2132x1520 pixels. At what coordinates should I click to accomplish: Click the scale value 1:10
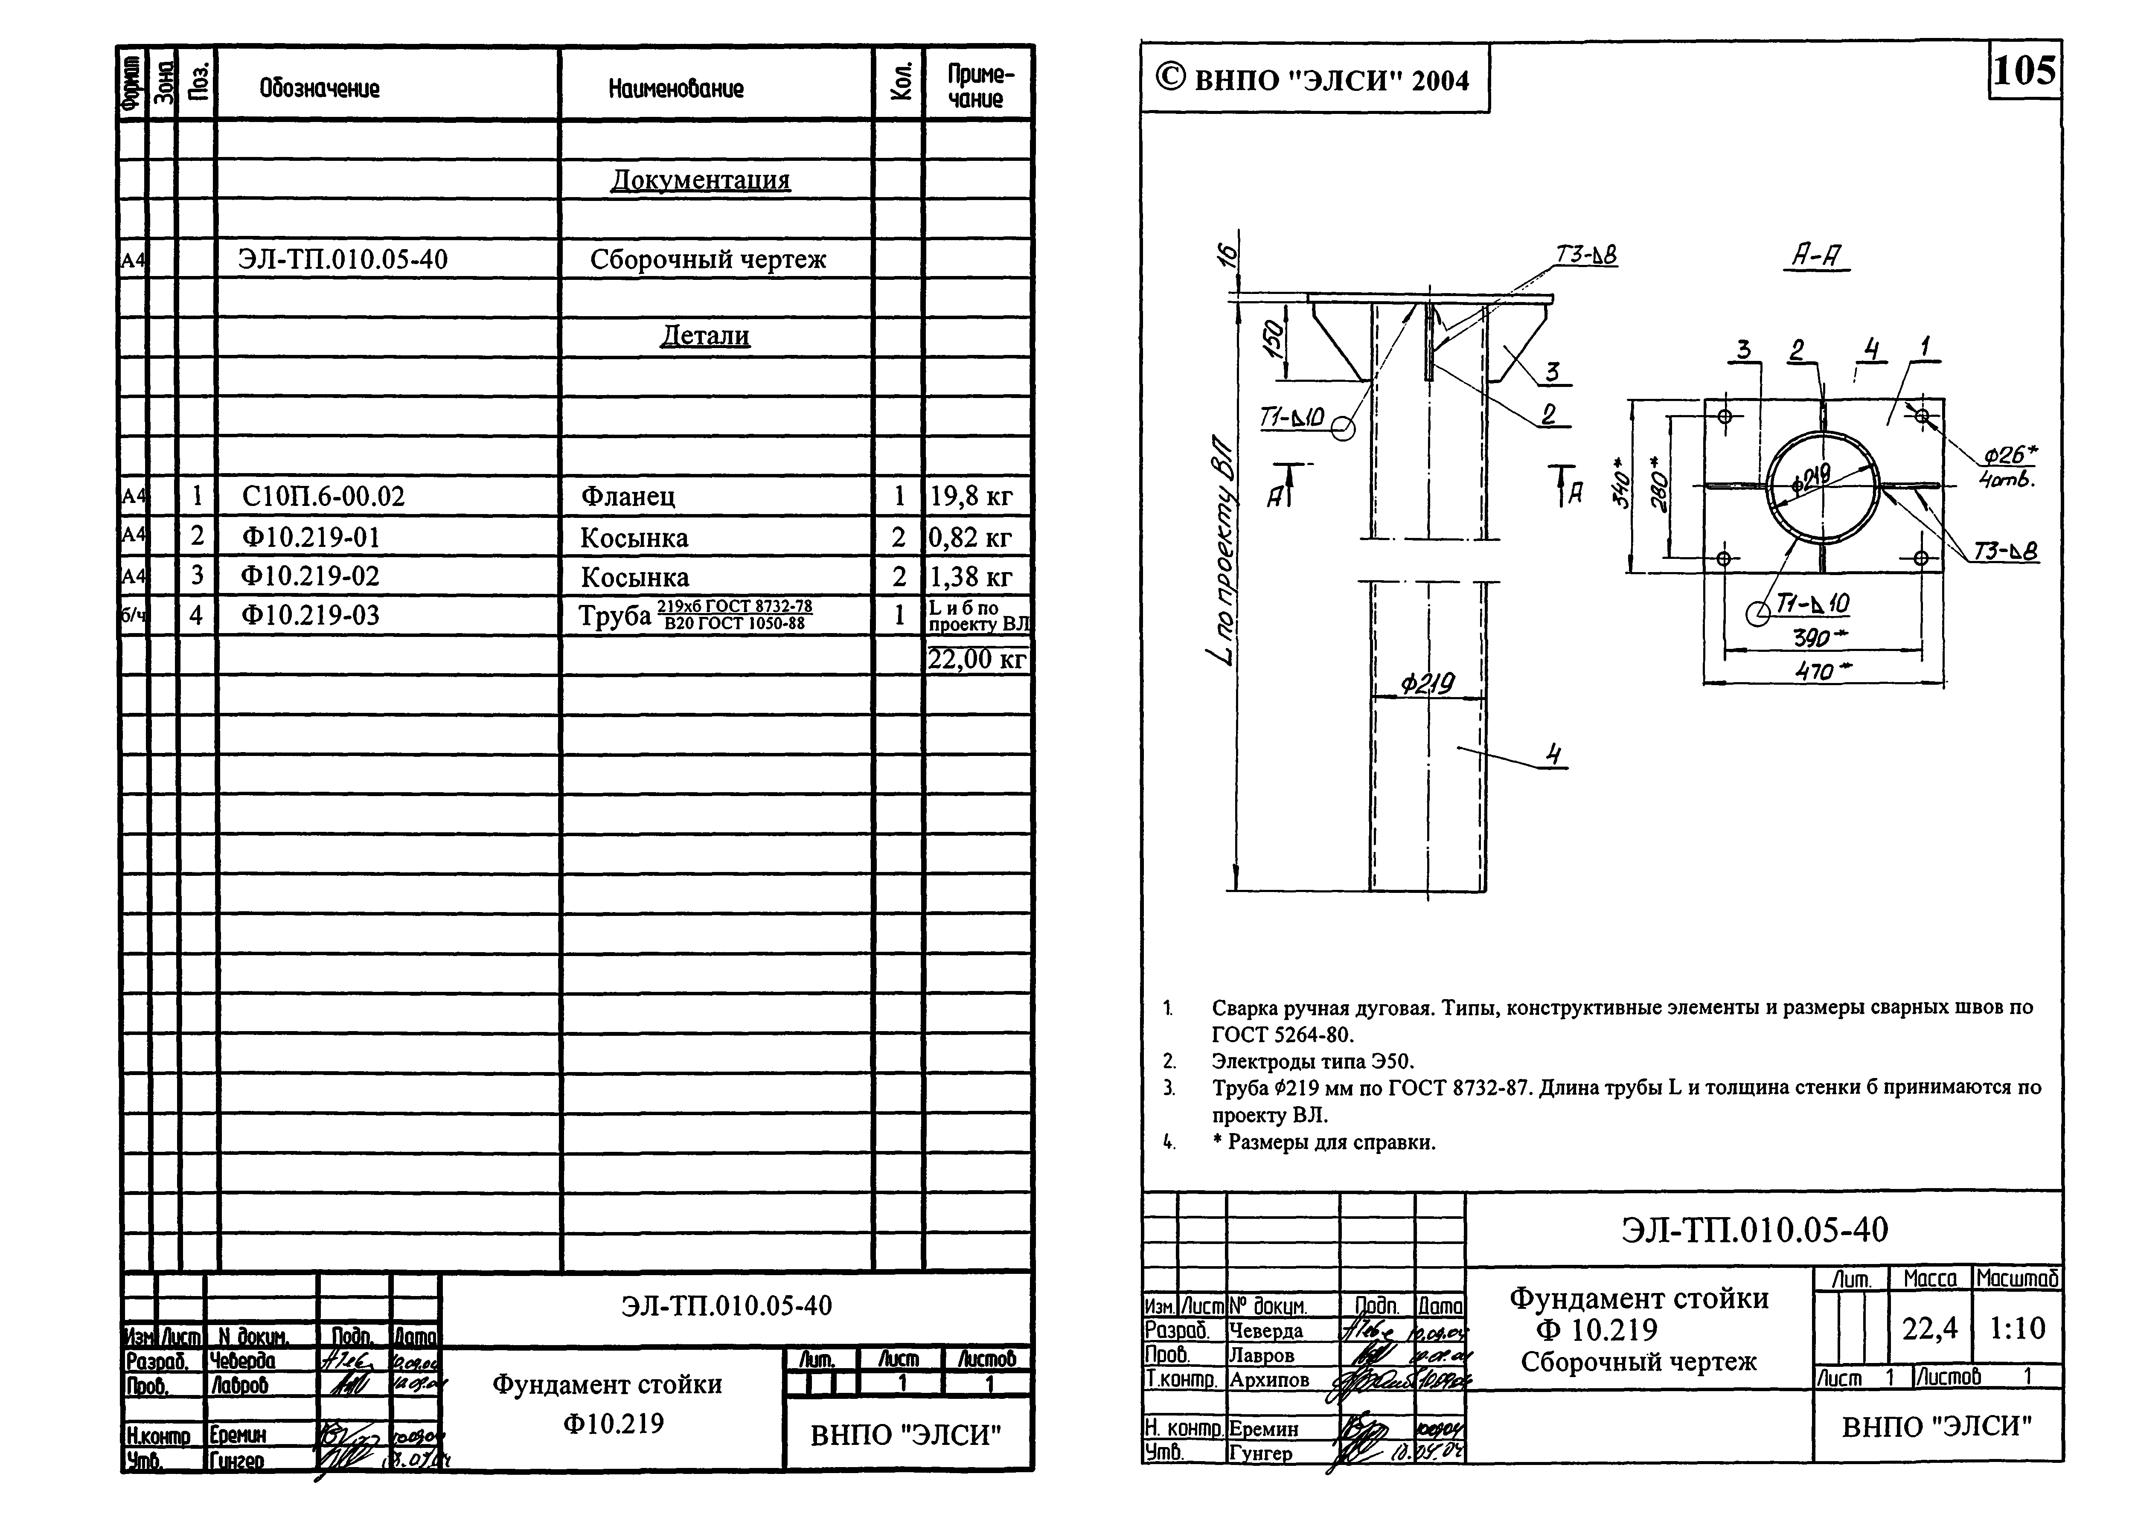click(x=2017, y=1328)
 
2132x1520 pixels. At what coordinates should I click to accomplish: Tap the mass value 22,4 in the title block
click(x=1930, y=1328)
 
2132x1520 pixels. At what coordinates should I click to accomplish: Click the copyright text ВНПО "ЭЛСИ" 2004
click(x=1314, y=81)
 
